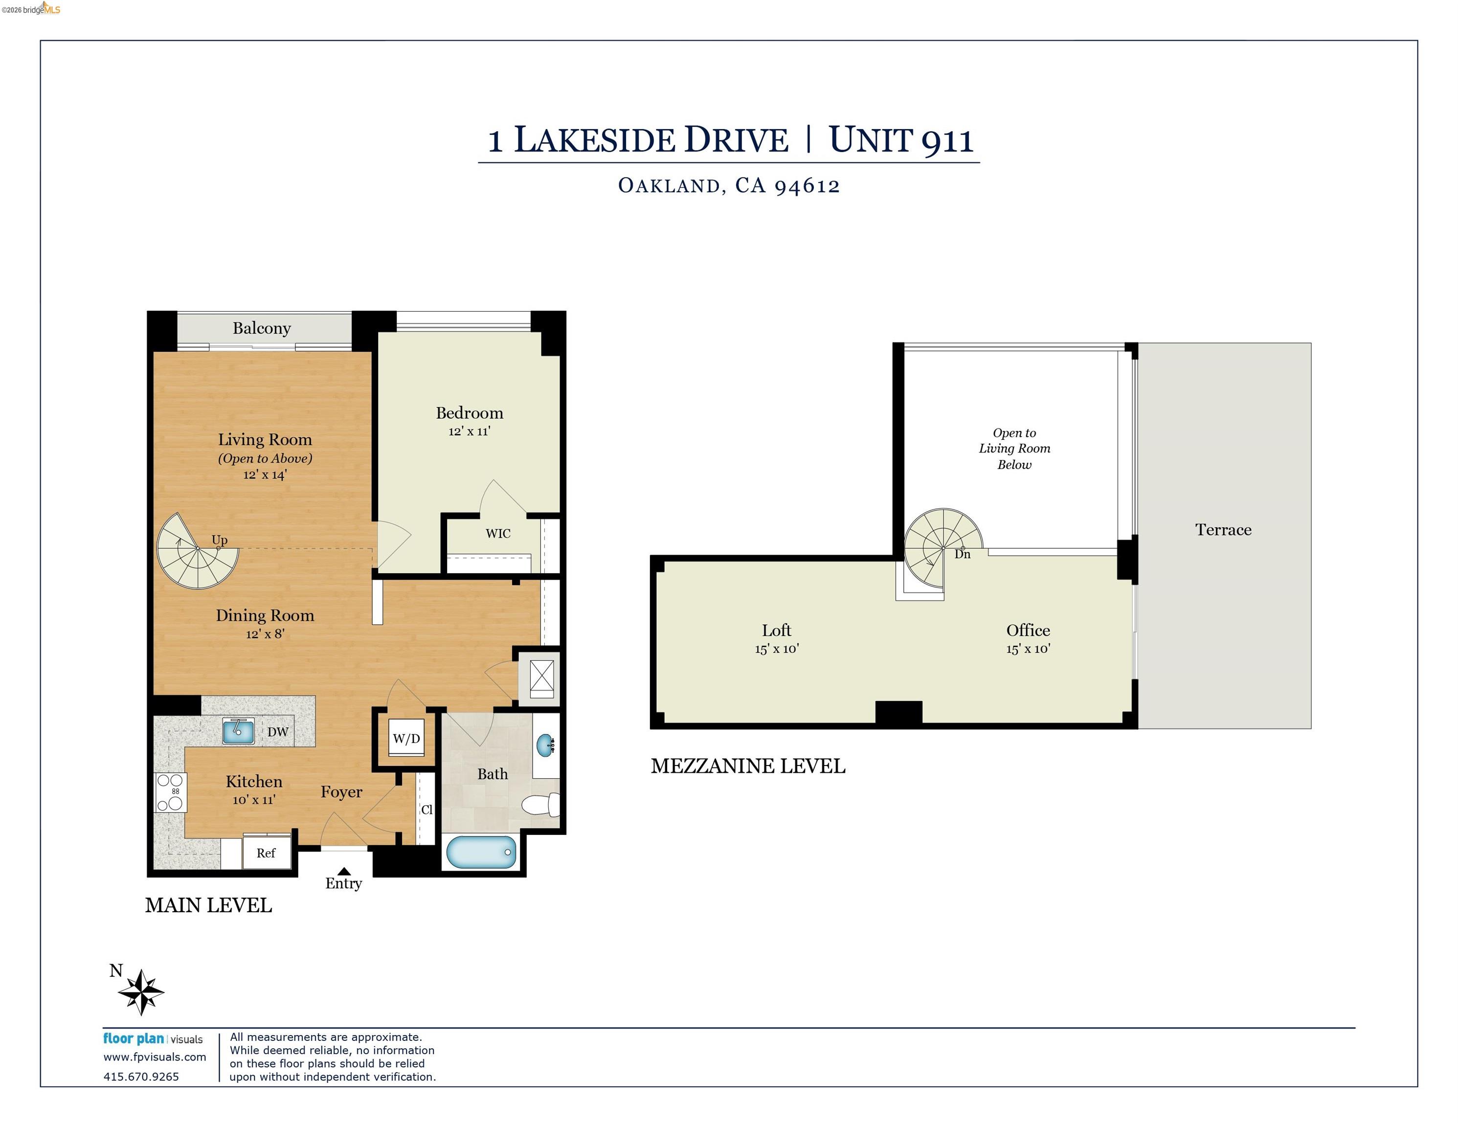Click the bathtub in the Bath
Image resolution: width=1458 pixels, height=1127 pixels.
point(481,853)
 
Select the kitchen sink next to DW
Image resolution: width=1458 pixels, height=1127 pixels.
point(238,731)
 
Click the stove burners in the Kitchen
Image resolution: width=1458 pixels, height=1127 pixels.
point(170,792)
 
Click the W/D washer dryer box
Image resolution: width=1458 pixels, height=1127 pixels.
point(406,739)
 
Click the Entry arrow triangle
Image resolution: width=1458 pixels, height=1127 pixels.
point(344,871)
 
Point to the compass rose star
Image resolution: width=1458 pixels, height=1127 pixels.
point(141,992)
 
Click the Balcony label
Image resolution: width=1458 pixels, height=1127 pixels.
point(262,328)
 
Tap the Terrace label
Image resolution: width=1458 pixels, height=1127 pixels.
point(1223,529)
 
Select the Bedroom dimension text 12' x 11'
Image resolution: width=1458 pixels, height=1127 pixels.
point(470,431)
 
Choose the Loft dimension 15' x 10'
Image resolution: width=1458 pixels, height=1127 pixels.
point(776,648)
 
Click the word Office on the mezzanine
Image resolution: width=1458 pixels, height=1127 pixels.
point(1028,630)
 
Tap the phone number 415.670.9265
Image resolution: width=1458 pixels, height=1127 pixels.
point(141,1076)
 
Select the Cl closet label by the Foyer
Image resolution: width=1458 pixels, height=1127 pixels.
point(426,809)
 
